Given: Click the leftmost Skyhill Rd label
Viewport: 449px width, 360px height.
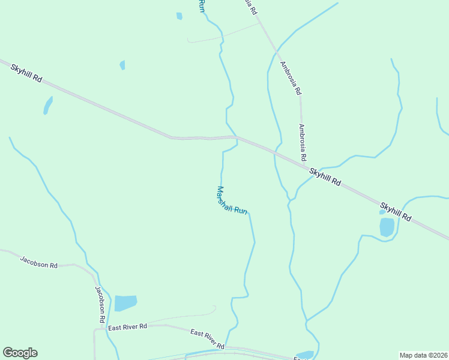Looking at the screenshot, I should click(x=26, y=73).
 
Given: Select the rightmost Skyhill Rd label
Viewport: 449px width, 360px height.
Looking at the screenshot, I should click(x=396, y=212).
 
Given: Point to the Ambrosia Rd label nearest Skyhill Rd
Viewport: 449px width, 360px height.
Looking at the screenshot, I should click(x=303, y=142).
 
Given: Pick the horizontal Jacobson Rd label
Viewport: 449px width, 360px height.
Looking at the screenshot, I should click(x=38, y=262).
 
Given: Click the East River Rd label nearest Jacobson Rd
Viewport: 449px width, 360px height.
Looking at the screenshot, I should click(x=127, y=327).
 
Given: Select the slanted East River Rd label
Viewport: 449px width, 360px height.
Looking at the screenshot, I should click(x=207, y=340).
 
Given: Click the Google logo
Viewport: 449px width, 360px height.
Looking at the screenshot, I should click(x=20, y=353).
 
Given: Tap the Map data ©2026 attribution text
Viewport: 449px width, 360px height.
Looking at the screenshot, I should click(x=424, y=355).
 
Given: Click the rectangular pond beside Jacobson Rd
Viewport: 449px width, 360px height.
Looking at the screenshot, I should click(x=125, y=303).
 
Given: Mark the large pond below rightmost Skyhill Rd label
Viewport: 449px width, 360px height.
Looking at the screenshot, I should click(x=387, y=227).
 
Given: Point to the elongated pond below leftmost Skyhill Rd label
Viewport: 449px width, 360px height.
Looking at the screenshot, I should click(x=47, y=106).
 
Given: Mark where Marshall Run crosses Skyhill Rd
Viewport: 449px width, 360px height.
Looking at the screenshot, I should click(x=236, y=137).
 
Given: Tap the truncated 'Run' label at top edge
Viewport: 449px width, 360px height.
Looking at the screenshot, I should click(x=202, y=6).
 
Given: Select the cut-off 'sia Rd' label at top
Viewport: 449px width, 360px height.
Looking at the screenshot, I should click(x=251, y=6).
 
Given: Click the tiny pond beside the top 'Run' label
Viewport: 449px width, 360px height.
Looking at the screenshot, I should click(x=179, y=16).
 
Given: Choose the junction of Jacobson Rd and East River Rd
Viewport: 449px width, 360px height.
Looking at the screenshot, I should click(x=95, y=329).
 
